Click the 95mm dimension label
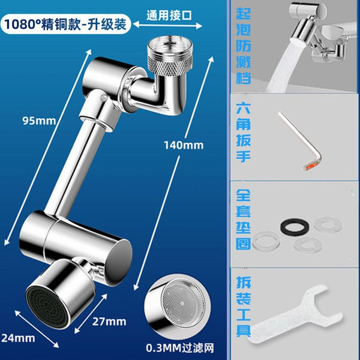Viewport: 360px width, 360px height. (39, 121)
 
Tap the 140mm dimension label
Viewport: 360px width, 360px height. (184, 145)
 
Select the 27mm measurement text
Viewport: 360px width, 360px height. (109, 322)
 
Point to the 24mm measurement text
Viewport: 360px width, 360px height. (18, 338)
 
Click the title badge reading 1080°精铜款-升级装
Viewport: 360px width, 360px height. (65, 24)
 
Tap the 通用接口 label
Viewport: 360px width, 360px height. (169, 16)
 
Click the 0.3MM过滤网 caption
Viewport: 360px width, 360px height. (180, 348)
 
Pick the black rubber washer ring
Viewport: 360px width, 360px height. (295, 227)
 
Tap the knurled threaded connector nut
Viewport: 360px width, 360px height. (170, 56)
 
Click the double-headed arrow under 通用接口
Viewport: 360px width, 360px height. (167, 25)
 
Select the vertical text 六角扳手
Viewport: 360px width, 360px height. (243, 133)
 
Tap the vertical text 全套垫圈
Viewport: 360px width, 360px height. (243, 220)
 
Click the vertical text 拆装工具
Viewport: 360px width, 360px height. (244, 306)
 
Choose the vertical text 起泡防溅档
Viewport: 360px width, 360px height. (244, 46)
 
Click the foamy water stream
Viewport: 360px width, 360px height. (284, 67)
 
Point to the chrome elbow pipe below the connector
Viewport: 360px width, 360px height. (158, 92)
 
